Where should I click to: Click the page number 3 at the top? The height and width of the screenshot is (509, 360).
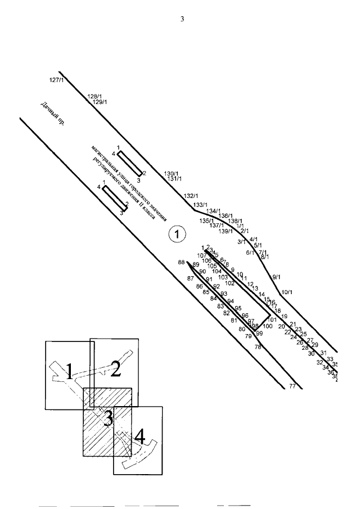point(182,19)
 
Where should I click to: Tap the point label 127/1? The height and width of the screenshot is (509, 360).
point(57,80)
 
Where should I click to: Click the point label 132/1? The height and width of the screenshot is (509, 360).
point(191,196)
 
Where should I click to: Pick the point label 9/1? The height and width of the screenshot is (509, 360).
point(276,277)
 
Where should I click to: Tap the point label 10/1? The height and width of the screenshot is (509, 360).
point(287,292)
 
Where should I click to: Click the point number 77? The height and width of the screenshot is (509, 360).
point(292,386)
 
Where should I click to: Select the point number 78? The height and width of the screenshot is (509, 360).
point(258,348)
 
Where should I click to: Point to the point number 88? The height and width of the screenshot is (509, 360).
point(181,262)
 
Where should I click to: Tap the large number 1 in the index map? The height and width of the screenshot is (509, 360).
point(69,371)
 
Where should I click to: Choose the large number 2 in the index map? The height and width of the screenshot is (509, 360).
point(115,369)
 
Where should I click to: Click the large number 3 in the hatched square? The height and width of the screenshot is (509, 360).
point(107,417)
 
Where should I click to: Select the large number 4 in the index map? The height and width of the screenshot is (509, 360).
point(139,435)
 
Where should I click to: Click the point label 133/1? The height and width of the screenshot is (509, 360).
point(200,205)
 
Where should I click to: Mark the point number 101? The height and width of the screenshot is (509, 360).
point(272,319)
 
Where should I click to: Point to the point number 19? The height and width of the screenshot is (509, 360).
point(284,317)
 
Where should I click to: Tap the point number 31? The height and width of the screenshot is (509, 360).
point(323,353)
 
